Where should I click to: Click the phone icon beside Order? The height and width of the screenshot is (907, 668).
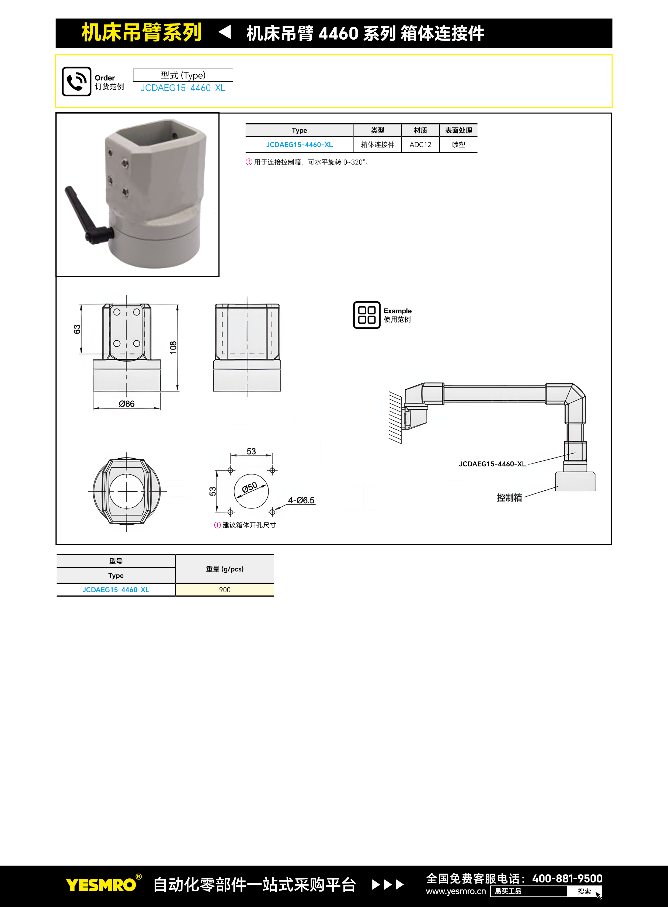click(76, 81)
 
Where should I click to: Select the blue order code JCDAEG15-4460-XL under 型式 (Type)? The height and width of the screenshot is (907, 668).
click(183, 88)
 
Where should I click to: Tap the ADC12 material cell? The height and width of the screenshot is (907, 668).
click(420, 144)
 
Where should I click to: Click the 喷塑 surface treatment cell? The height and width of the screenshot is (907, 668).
click(458, 144)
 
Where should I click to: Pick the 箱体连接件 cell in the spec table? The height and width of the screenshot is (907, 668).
click(378, 144)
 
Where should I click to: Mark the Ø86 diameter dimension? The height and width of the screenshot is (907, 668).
click(127, 404)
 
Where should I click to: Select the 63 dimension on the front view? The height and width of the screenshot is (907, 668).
click(77, 329)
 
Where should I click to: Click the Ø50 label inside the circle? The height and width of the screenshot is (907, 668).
click(249, 487)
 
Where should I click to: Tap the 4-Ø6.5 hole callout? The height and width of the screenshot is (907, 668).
click(301, 500)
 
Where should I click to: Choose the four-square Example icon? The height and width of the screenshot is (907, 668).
click(367, 315)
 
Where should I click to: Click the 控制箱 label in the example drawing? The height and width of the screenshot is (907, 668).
click(509, 498)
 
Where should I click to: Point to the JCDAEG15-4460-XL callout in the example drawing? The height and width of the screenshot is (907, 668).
click(492, 464)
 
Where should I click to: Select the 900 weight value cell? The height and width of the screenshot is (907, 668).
click(225, 590)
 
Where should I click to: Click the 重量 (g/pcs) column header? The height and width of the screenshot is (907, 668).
click(225, 569)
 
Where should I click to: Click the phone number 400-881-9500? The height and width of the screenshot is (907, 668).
click(567, 879)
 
